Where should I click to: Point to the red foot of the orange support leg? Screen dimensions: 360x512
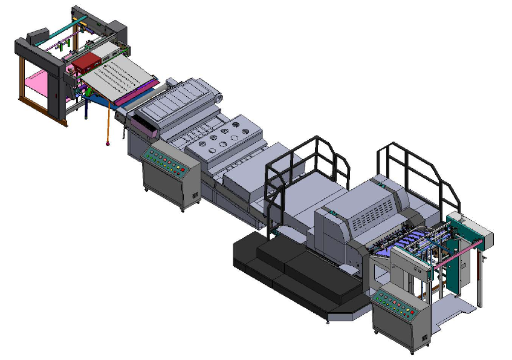[x=108, y=143]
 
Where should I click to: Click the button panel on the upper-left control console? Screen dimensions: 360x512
[x=165, y=159]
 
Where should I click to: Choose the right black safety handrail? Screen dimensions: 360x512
[x=417, y=169]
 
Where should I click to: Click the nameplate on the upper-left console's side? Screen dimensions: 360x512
[x=195, y=195]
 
